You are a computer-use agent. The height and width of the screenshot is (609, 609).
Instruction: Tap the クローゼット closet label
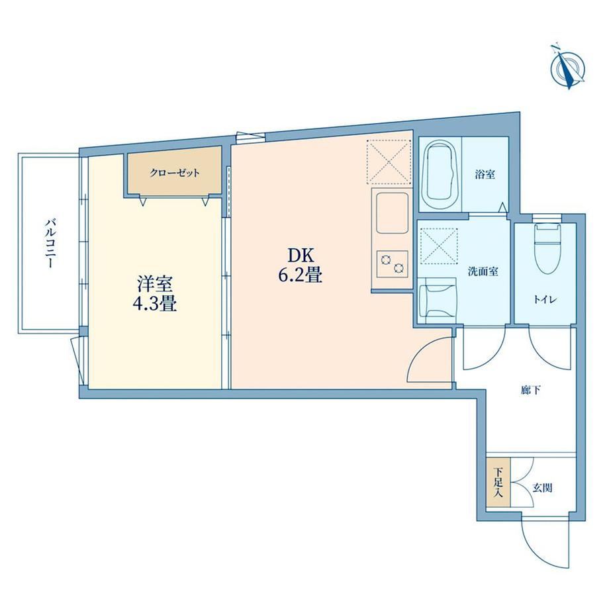pos(175,173)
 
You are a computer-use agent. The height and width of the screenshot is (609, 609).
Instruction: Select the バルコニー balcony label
pos(50,244)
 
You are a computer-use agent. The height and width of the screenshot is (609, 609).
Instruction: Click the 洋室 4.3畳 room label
pos(155,294)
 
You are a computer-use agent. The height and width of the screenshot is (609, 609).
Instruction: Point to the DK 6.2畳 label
pos(301,265)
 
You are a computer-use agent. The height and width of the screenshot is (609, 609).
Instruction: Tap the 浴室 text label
pos(485,174)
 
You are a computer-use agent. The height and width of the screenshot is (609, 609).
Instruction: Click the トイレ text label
pos(545,299)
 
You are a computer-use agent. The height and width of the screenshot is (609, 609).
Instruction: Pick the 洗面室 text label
pos(483,271)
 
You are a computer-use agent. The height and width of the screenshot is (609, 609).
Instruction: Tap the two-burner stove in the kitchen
pos(393,264)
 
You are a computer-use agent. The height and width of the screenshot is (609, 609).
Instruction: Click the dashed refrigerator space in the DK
pos(389,162)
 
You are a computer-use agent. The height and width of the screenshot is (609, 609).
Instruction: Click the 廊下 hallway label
pos(531,390)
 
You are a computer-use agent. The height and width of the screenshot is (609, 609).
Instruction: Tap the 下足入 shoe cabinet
pos(498,483)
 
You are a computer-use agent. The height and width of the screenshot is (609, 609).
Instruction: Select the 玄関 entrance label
pos(542,487)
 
